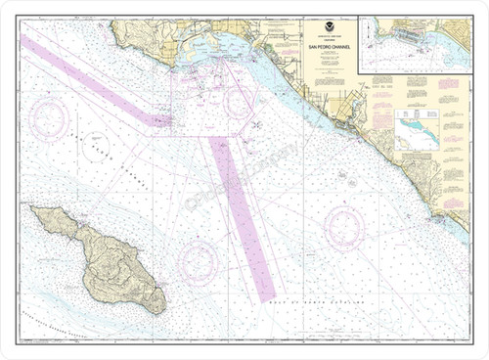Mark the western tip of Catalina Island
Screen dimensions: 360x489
(x=32, y=209)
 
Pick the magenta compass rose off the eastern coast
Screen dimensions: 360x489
(x=344, y=227)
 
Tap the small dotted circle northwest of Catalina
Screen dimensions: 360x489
(x=96, y=147)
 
